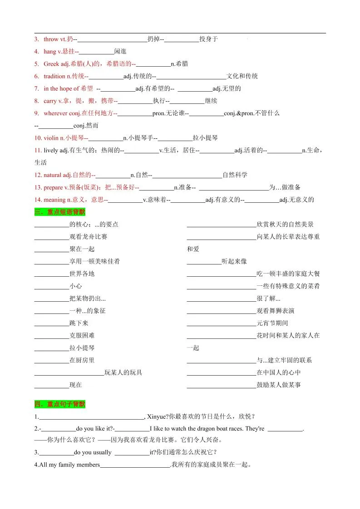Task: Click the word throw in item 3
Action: tap(51, 39)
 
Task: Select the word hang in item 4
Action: tap(49, 52)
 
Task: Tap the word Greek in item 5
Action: tap(51, 64)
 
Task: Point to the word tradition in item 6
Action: tap(54, 76)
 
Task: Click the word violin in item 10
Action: tap(51, 138)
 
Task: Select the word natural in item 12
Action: tap(52, 175)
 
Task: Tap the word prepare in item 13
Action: tap(53, 187)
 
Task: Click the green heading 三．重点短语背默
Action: tap(59, 212)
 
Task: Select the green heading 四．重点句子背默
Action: tap(59, 404)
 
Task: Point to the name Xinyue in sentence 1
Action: tap(158, 416)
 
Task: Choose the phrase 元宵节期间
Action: tap(272, 323)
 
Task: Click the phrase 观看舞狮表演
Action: tap(275, 311)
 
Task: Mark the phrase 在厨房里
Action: tap(82, 360)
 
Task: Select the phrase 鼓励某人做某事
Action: tap(278, 385)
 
